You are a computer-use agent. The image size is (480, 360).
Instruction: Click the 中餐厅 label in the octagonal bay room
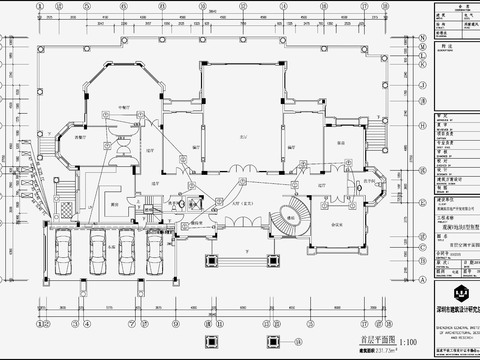(124, 106)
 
